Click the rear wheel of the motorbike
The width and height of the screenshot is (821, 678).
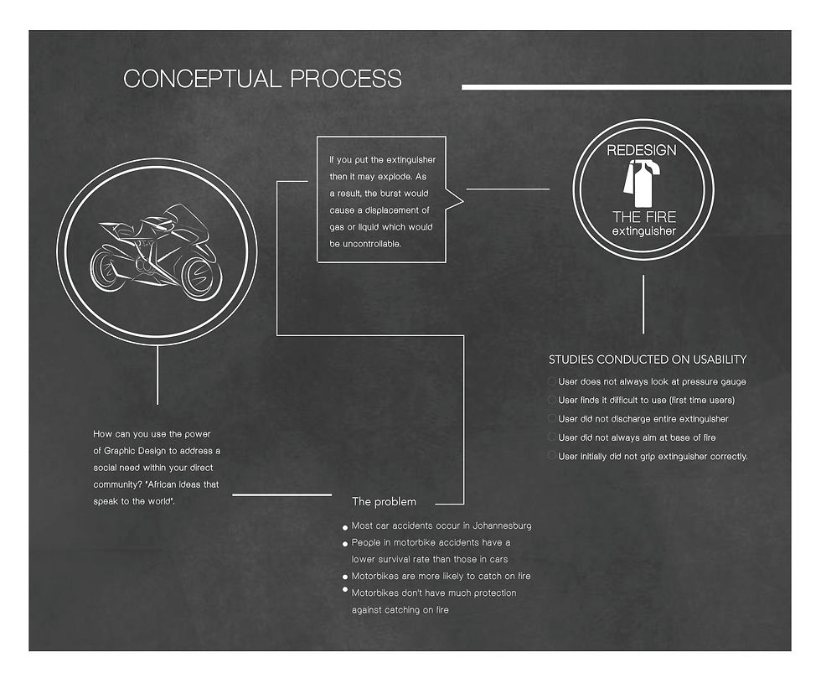[108, 271]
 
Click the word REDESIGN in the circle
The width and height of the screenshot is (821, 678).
[642, 150]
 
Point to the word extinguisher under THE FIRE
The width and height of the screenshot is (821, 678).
[643, 230]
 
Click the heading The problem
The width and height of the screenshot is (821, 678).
[384, 502]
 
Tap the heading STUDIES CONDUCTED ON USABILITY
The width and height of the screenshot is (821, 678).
[647, 360]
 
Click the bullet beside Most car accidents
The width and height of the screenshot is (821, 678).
[344, 528]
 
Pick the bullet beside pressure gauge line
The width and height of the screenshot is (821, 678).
[551, 381]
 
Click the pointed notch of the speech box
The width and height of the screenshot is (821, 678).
[459, 199]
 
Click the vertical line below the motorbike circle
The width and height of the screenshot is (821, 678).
[157, 374]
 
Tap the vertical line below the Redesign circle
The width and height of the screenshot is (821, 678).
[643, 304]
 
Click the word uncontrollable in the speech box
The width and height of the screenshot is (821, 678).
[368, 244]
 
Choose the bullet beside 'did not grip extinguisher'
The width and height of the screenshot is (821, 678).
[551, 455]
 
